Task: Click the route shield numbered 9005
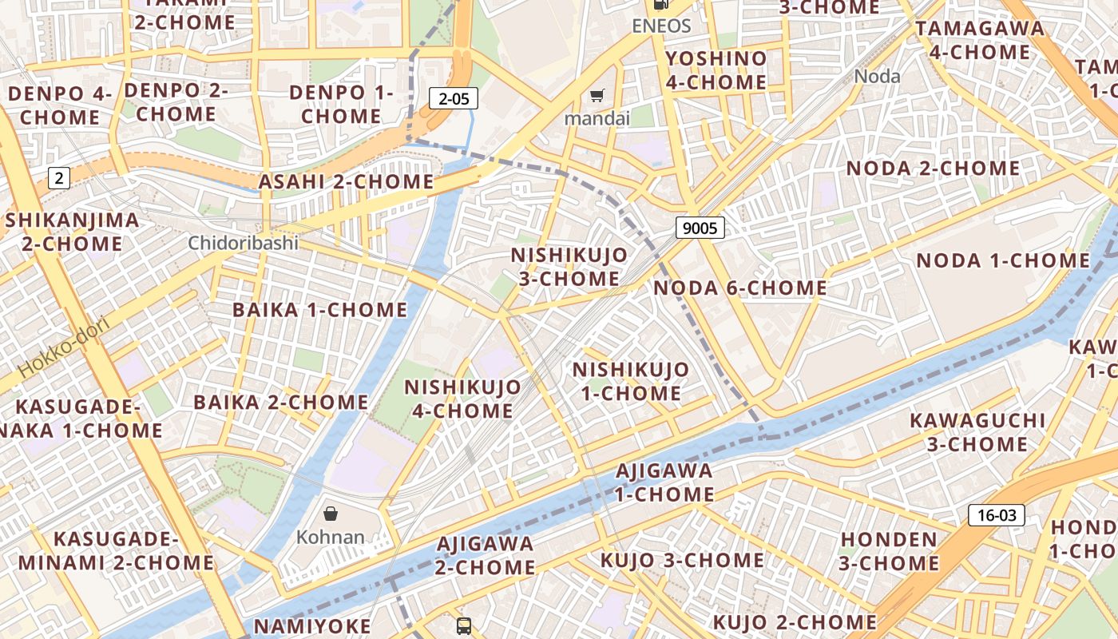point(700,228)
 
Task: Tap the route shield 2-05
point(454,98)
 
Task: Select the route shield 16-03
point(997,515)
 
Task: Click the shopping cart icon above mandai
point(597,97)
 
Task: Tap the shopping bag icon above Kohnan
point(331,514)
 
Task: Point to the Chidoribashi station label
point(243,243)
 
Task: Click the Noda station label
point(877,77)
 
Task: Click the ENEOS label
point(660,26)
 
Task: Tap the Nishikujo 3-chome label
point(569,267)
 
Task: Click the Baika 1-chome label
point(319,310)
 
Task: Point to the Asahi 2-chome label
point(346,182)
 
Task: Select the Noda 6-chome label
point(739,288)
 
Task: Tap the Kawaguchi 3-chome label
point(977,432)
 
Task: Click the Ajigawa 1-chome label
point(664,482)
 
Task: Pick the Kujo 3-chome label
point(682,560)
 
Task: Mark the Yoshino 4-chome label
point(716,70)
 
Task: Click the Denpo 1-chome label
point(341,104)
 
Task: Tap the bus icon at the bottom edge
point(464,625)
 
